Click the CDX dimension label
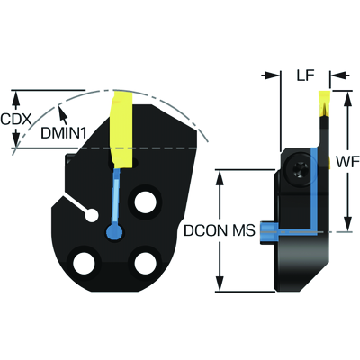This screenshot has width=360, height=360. coord(16,120)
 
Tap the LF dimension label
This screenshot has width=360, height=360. coord(305,76)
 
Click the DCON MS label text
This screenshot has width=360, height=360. coord(220,230)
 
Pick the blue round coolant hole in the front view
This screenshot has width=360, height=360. coord(114,231)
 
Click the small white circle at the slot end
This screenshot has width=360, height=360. coord(92,215)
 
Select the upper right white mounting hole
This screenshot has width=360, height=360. coord(146,202)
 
